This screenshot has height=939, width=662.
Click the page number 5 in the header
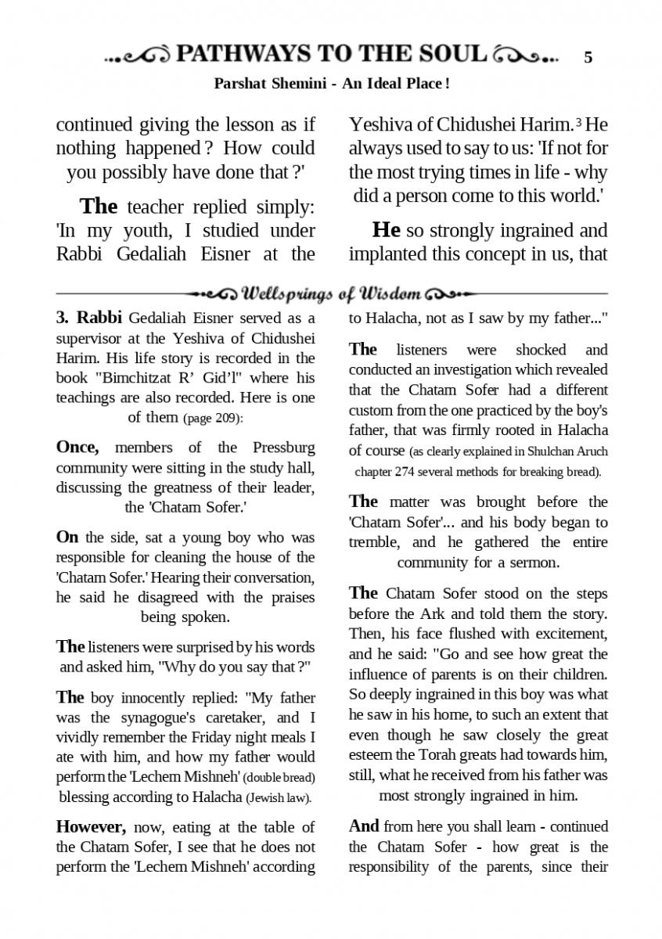click(x=588, y=57)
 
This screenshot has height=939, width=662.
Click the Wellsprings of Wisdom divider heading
click(x=331, y=294)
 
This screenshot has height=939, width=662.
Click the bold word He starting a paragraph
click(x=387, y=230)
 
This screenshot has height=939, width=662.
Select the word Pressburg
click(x=284, y=448)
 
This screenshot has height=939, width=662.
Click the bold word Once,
click(x=77, y=448)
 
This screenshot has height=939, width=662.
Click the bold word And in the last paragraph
click(x=364, y=826)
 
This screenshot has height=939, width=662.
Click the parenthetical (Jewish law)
click(x=279, y=798)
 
